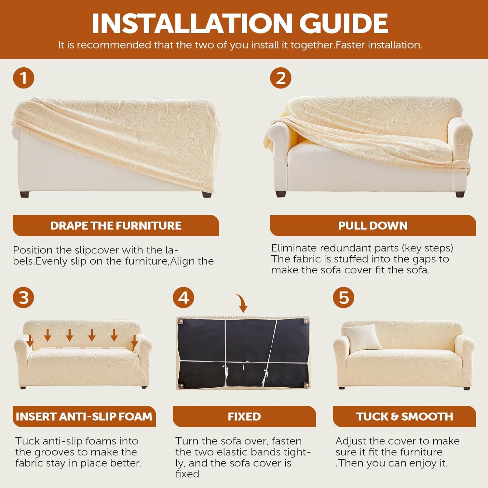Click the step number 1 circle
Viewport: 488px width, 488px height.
click(x=23, y=78)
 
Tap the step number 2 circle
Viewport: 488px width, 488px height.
click(x=281, y=78)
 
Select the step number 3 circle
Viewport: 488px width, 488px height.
click(x=23, y=298)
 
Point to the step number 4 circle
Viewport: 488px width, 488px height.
click(x=183, y=298)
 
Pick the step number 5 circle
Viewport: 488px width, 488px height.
click(x=344, y=298)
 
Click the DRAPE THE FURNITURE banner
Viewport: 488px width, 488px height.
click(x=116, y=225)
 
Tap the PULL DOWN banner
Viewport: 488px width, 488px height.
click(x=373, y=225)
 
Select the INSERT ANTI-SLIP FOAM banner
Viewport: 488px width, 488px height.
click(x=84, y=416)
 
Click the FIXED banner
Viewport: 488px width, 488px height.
click(x=244, y=416)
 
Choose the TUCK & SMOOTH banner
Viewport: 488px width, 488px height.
click(x=404, y=416)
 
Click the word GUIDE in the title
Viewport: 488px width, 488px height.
click(x=344, y=23)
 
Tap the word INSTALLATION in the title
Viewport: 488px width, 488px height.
click(x=192, y=23)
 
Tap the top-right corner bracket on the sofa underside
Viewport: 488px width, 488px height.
click(x=306, y=321)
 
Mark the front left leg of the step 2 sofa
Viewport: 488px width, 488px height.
click(x=281, y=194)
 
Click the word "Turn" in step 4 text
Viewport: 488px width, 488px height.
click(x=187, y=441)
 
